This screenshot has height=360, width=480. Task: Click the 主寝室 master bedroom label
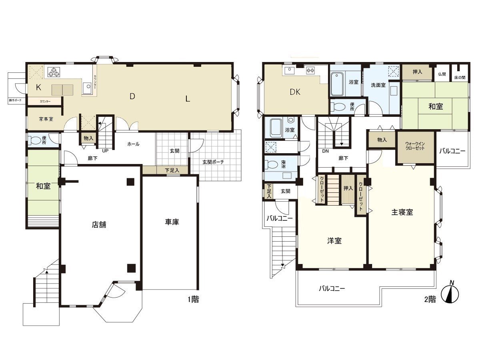(x=402, y=212)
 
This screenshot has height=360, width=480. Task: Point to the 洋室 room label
(x=334, y=241)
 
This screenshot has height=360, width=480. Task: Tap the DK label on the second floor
(x=295, y=92)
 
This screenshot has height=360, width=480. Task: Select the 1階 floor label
(x=192, y=299)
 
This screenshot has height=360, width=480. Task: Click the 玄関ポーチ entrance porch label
(x=213, y=162)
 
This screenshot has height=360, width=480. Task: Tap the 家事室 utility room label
(x=46, y=119)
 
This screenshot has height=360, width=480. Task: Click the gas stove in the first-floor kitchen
(x=54, y=72)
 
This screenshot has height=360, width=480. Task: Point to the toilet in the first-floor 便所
(x=36, y=140)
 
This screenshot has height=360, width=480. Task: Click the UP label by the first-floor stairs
(x=105, y=151)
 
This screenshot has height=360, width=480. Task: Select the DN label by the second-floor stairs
(x=325, y=151)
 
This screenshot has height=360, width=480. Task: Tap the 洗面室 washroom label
(x=378, y=85)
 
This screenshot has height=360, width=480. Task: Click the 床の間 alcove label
(x=460, y=77)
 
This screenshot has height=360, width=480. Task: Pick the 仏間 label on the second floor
(x=442, y=74)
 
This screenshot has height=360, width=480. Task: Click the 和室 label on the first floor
(x=43, y=186)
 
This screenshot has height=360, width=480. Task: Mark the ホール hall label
(x=133, y=144)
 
